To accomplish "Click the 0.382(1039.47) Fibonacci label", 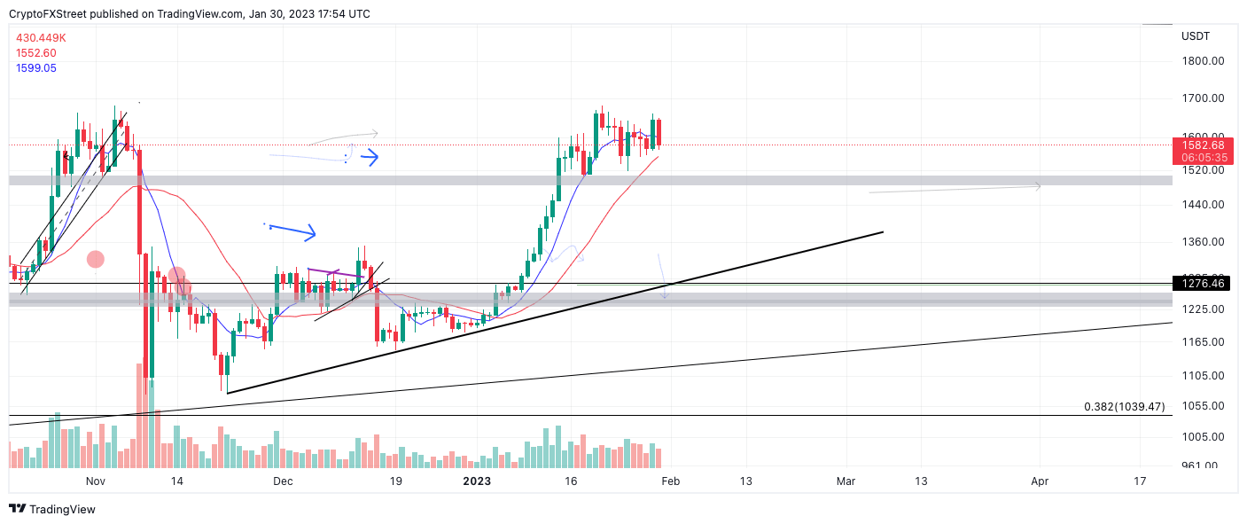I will point(1124,407).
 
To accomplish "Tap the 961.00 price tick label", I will point(1199,465).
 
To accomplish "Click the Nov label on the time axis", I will point(96,481).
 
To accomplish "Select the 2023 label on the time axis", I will point(477,481).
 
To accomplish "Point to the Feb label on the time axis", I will point(671,481).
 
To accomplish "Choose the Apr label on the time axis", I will point(1040,481).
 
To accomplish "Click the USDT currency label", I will point(1196,36).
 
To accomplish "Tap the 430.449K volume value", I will point(41,37).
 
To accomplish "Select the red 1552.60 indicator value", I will point(36,52).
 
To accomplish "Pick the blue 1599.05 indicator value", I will point(36,67).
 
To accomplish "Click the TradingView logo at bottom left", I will point(52,509).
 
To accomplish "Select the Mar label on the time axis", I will point(846,481).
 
